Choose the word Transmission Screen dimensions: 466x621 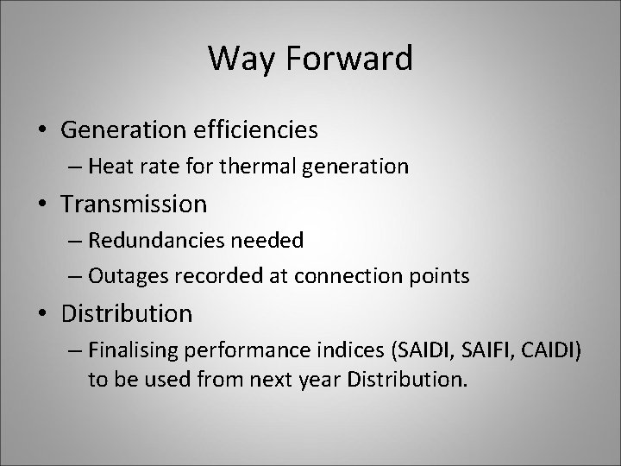coord(135,205)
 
